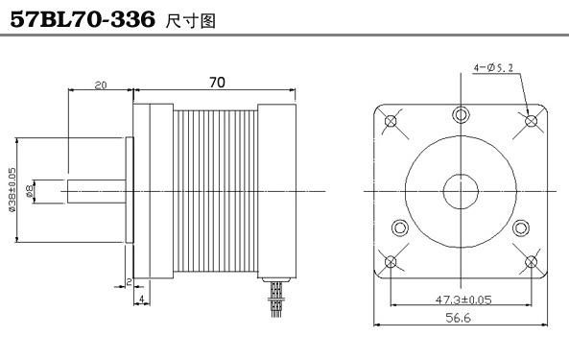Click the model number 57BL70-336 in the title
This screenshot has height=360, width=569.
pyautogui.click(x=83, y=19)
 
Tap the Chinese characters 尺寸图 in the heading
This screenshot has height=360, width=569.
pyautogui.click(x=191, y=21)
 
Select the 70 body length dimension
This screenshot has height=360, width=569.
pyautogui.click(x=217, y=83)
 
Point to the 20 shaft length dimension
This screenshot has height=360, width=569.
pyautogui.click(x=101, y=85)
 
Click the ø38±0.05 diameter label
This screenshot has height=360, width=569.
pyautogui.click(x=12, y=190)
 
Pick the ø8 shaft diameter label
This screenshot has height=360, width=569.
pyautogui.click(x=30, y=190)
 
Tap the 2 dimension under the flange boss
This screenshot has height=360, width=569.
pyautogui.click(x=129, y=282)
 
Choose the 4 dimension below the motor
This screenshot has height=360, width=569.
pyautogui.click(x=142, y=299)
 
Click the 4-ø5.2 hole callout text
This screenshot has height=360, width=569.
pyautogui.click(x=493, y=67)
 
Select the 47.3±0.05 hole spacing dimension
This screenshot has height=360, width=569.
pyautogui.click(x=463, y=300)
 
